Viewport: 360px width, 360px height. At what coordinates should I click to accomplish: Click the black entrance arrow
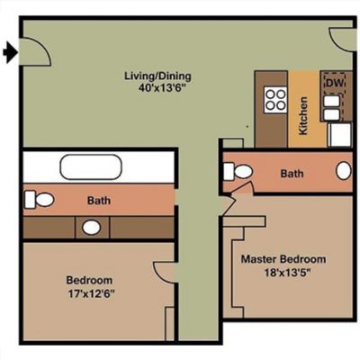pos(11,52)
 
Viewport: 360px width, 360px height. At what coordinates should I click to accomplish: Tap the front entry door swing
pos(35,51)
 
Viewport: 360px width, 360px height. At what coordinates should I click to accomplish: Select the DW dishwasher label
pos(335,83)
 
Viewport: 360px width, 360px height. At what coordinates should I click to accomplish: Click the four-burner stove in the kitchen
pos(275,100)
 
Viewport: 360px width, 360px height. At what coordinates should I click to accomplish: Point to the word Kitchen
pos(303,115)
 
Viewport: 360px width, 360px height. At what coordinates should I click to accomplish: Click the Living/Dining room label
pos(157,76)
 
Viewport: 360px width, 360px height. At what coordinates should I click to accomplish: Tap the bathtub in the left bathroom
pos(91,167)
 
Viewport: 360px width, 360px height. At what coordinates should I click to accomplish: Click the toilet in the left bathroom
pos(40,199)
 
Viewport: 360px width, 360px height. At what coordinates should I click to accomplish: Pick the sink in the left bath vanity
pos(91,228)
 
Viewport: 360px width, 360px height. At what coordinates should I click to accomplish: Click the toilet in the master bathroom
pos(238,171)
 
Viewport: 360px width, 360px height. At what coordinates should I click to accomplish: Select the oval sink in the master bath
pos(344,171)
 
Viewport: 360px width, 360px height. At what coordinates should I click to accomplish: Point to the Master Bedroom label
pos(283,259)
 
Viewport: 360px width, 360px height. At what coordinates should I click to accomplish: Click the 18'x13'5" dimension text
pos(286,273)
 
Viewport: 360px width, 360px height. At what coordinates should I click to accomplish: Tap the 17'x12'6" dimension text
pos(92,293)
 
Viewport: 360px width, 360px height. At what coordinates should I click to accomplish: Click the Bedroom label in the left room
pos(89,280)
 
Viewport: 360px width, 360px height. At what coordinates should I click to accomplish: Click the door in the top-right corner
pos(341,40)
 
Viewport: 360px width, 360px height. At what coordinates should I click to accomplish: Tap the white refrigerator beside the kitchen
pos(340,134)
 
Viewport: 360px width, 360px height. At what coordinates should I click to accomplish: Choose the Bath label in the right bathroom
pos(292,174)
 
